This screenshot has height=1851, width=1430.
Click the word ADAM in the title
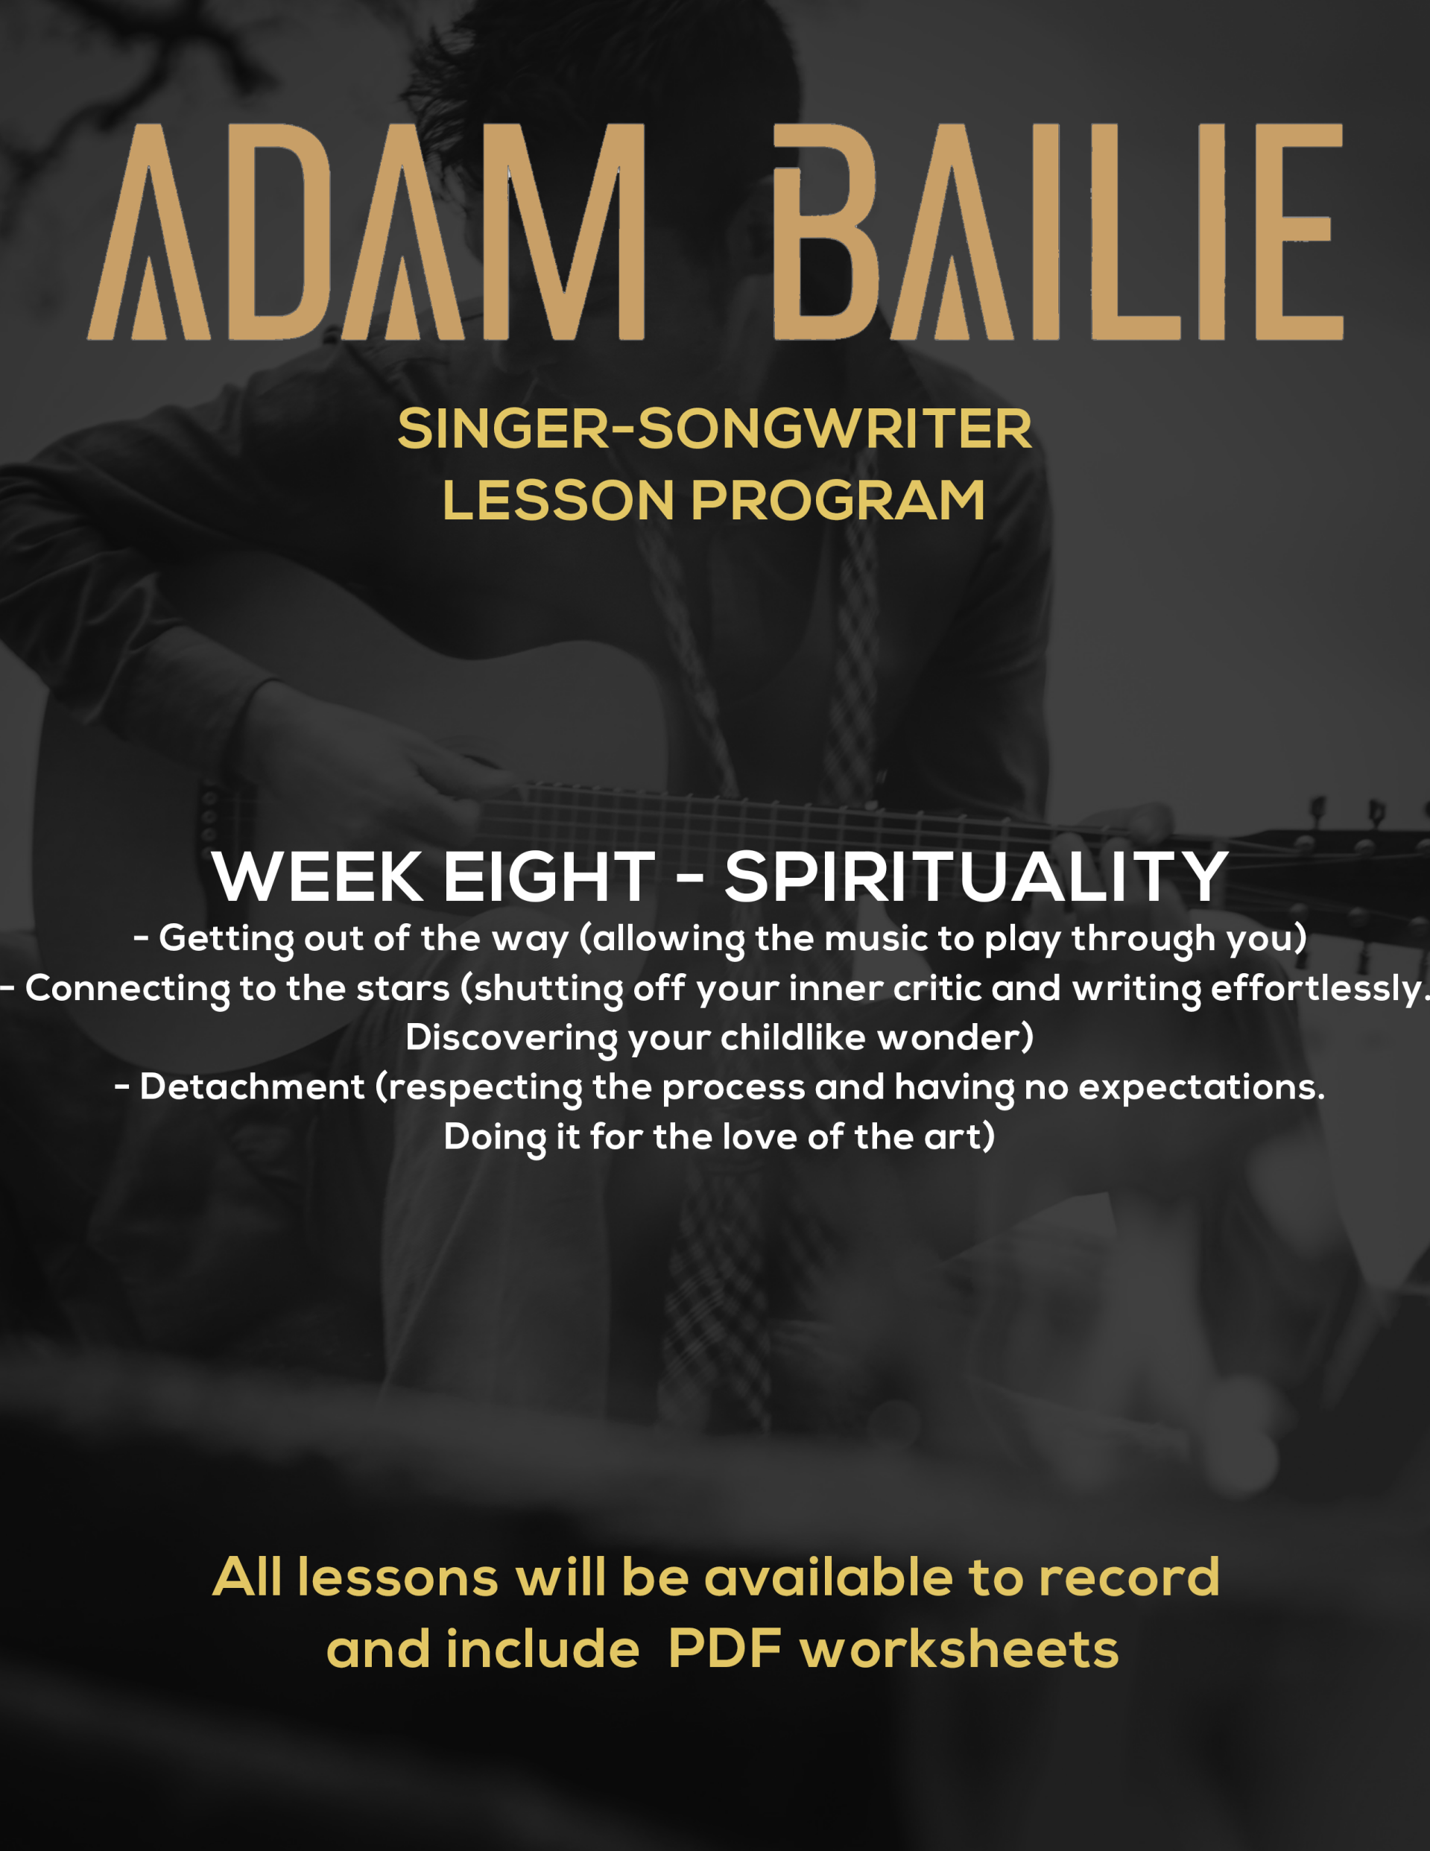tap(366, 232)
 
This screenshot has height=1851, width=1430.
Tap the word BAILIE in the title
tap(1058, 232)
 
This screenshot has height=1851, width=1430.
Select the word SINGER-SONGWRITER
tap(715, 429)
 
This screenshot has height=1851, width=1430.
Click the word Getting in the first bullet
tap(227, 940)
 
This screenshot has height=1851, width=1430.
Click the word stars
tap(402, 988)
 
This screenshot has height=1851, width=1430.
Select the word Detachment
tap(252, 1087)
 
